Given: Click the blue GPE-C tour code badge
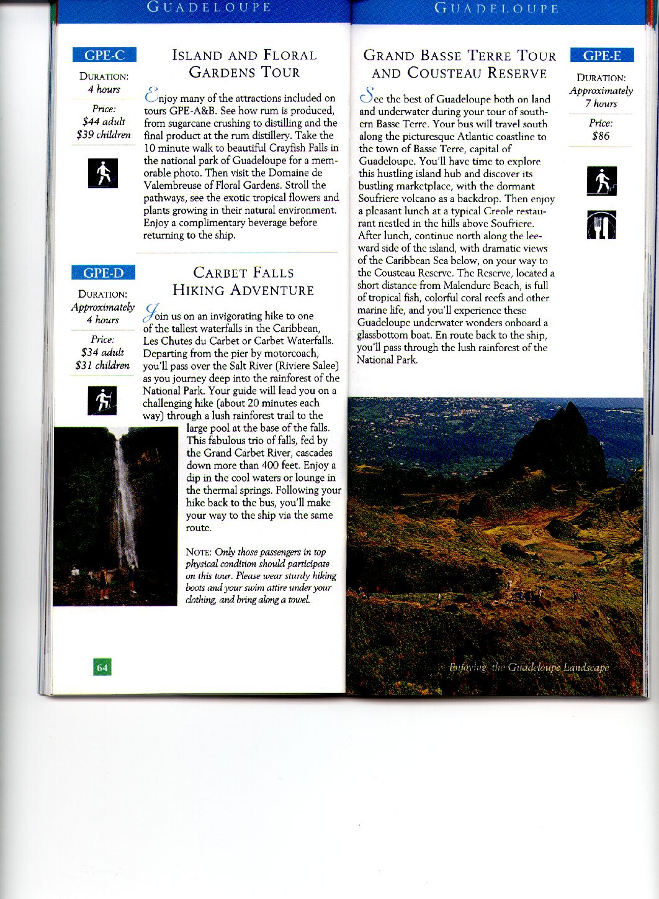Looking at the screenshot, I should pos(104,55).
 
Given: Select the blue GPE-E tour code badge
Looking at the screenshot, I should pos(602,55).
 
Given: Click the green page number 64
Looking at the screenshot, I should pos(102,667).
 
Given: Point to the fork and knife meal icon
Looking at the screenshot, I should pos(601,225).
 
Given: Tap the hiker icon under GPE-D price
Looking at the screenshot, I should pos(102,401).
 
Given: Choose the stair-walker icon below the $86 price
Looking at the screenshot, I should pos(601,181).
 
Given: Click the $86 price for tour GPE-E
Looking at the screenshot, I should pos(601,136).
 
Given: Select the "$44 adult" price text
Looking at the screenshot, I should pos(104,122).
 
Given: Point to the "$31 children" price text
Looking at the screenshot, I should pos(102,365).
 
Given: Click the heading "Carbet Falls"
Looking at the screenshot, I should pos(243,273).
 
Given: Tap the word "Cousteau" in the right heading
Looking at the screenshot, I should pos(444,73).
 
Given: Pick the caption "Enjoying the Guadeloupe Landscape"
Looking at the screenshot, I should pos(529,668).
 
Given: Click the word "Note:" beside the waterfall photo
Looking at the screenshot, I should pos(199,552).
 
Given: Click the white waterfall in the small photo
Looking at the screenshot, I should pos(126,497).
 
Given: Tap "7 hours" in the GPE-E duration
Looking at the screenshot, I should pos(601,104).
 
